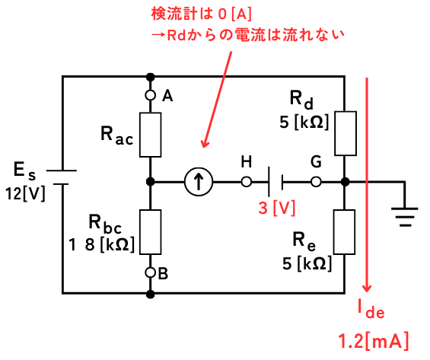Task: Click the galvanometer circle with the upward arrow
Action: [x=199, y=181]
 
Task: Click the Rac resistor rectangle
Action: [x=150, y=135]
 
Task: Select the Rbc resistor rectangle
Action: [x=150, y=232]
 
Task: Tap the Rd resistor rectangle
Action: [x=346, y=133]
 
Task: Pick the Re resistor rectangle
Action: [x=345, y=232]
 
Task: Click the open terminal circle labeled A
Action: [x=150, y=95]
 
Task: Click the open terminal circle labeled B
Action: [x=150, y=272]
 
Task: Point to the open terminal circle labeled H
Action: [x=247, y=181]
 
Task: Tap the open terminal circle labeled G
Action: [x=316, y=181]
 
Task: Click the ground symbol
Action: [x=405, y=217]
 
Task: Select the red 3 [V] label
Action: [x=277, y=208]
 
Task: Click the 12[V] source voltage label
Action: [x=25, y=194]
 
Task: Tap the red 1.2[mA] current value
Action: [x=374, y=341]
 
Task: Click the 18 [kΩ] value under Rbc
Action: [x=101, y=244]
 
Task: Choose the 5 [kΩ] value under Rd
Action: [x=304, y=122]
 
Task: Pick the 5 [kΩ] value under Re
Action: [x=307, y=263]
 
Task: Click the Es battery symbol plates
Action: [x=62, y=177]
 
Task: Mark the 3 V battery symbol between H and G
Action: [x=276, y=181]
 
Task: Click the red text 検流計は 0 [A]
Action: [x=201, y=14]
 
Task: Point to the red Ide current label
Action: [x=371, y=309]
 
